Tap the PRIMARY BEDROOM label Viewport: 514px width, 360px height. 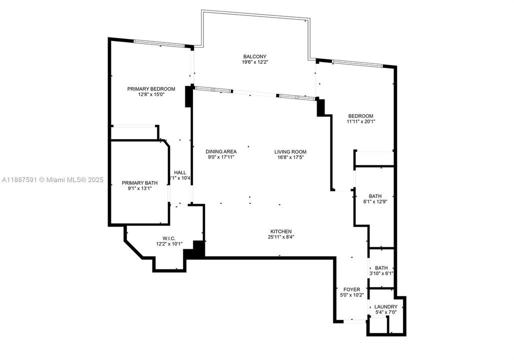[151, 88]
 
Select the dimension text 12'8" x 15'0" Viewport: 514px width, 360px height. [151, 94]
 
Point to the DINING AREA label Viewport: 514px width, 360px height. [221, 151]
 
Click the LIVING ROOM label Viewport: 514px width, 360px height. [290, 151]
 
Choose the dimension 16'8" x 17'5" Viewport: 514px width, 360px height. [290, 157]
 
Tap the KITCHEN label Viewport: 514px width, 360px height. [281, 231]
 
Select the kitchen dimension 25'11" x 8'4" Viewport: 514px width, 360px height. [281, 237]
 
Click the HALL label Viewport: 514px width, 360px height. [180, 172]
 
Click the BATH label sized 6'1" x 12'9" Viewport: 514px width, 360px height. [375, 196]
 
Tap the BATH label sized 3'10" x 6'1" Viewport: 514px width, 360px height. [381, 267]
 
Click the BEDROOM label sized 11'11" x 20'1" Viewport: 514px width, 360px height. [360, 115]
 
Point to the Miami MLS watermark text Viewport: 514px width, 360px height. [52, 179]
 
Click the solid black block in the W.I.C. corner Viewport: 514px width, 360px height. [198, 249]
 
